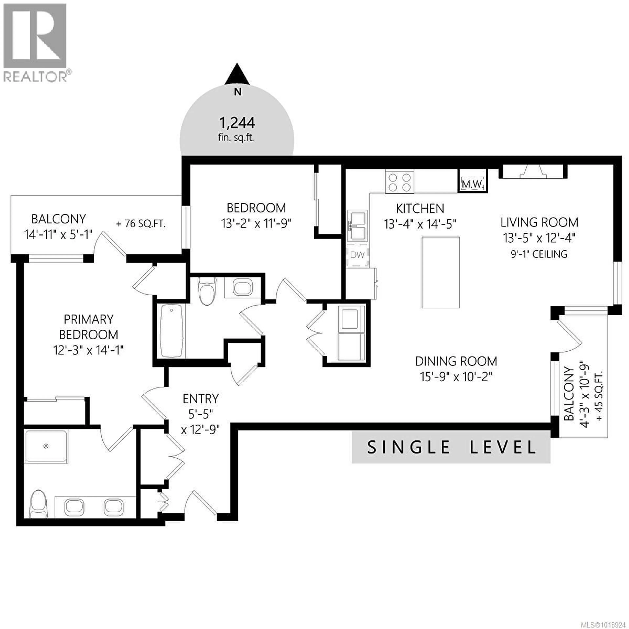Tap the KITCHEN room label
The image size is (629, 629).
(420, 208)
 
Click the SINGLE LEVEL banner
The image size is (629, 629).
(451, 447)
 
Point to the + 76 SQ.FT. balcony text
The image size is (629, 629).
(141, 224)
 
